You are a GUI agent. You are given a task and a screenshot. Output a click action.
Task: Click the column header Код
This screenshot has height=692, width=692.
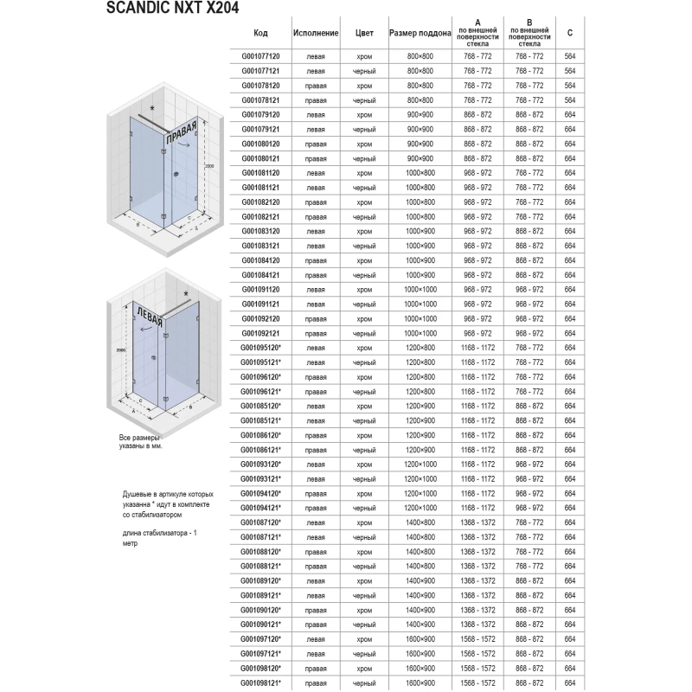point(260,33)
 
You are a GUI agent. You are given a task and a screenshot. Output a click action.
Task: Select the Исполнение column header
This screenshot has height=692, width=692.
point(316,33)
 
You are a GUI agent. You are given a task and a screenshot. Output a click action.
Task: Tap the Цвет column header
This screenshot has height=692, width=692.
point(364,33)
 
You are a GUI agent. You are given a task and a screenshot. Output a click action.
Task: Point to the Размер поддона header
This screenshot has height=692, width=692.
point(420,33)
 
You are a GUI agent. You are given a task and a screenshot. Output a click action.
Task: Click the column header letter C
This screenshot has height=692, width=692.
point(569,33)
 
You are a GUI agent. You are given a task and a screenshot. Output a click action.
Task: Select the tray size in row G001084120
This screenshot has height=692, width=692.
point(420,260)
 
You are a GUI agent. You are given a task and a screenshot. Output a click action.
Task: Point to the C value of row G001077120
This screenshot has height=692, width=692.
point(569,55)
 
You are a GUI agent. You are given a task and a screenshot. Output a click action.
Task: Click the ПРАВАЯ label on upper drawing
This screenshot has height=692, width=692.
point(183,134)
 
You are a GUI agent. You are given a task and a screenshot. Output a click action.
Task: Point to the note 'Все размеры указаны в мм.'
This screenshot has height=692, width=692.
point(141,444)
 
